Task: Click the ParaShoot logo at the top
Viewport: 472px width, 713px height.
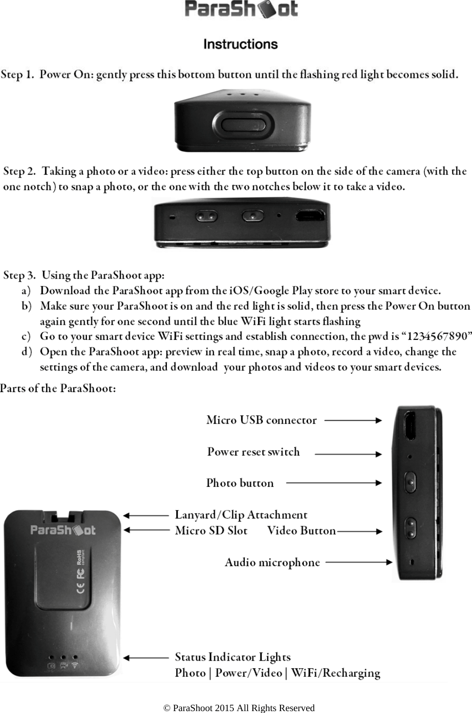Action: [241, 9]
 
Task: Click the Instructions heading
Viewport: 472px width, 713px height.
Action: [240, 44]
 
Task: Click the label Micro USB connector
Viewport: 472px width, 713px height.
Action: [261, 420]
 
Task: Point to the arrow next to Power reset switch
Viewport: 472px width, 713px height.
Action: [348, 454]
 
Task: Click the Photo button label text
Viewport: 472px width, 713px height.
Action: [240, 483]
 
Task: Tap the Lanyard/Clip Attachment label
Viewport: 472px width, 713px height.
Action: [241, 515]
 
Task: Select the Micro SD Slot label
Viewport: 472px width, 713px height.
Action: [211, 530]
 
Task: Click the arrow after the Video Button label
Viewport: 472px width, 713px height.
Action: [359, 531]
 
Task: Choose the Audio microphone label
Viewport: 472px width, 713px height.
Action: [272, 563]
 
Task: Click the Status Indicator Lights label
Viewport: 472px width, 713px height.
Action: [232, 657]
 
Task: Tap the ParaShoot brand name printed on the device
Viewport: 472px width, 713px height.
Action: [63, 530]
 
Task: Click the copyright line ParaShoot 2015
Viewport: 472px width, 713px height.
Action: [239, 708]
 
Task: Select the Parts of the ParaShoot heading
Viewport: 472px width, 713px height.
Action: [58, 388]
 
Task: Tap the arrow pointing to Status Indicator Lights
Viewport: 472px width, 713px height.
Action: [146, 658]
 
